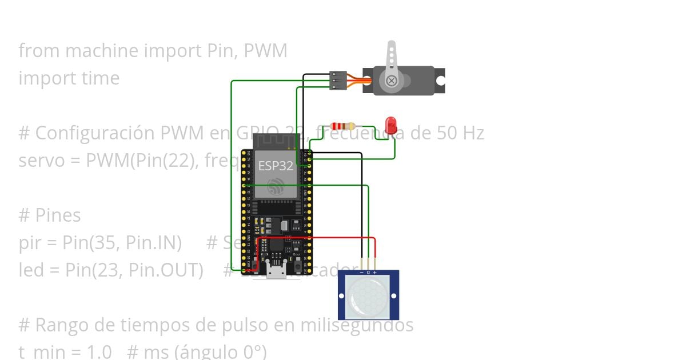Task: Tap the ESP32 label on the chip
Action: [276, 166]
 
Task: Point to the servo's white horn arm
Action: [392, 57]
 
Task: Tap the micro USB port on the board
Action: [276, 271]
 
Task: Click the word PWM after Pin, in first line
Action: [265, 51]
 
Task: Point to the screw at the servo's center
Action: [392, 81]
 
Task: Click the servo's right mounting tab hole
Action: [441, 81]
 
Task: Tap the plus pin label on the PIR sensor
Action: [375, 273]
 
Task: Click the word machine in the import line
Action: [102, 51]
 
